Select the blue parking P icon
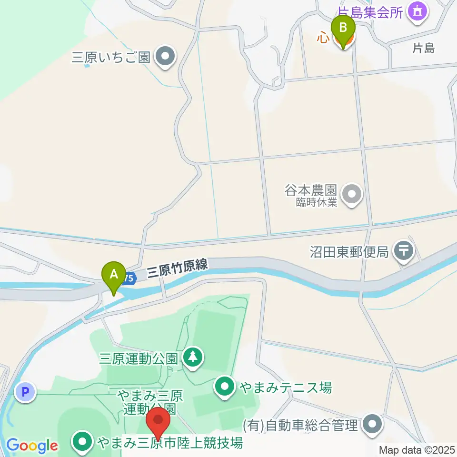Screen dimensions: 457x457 [25, 392]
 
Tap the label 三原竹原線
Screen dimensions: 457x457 [178, 269]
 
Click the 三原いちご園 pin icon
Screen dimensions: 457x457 [165, 57]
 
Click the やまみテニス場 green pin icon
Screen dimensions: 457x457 [225, 387]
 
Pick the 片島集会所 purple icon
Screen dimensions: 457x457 [418, 11]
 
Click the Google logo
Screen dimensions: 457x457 [32, 446]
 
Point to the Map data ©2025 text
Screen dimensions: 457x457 [416, 449]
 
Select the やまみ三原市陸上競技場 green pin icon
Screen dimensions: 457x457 [83, 443]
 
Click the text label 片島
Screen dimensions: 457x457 [423, 48]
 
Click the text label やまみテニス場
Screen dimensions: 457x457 [286, 387]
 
